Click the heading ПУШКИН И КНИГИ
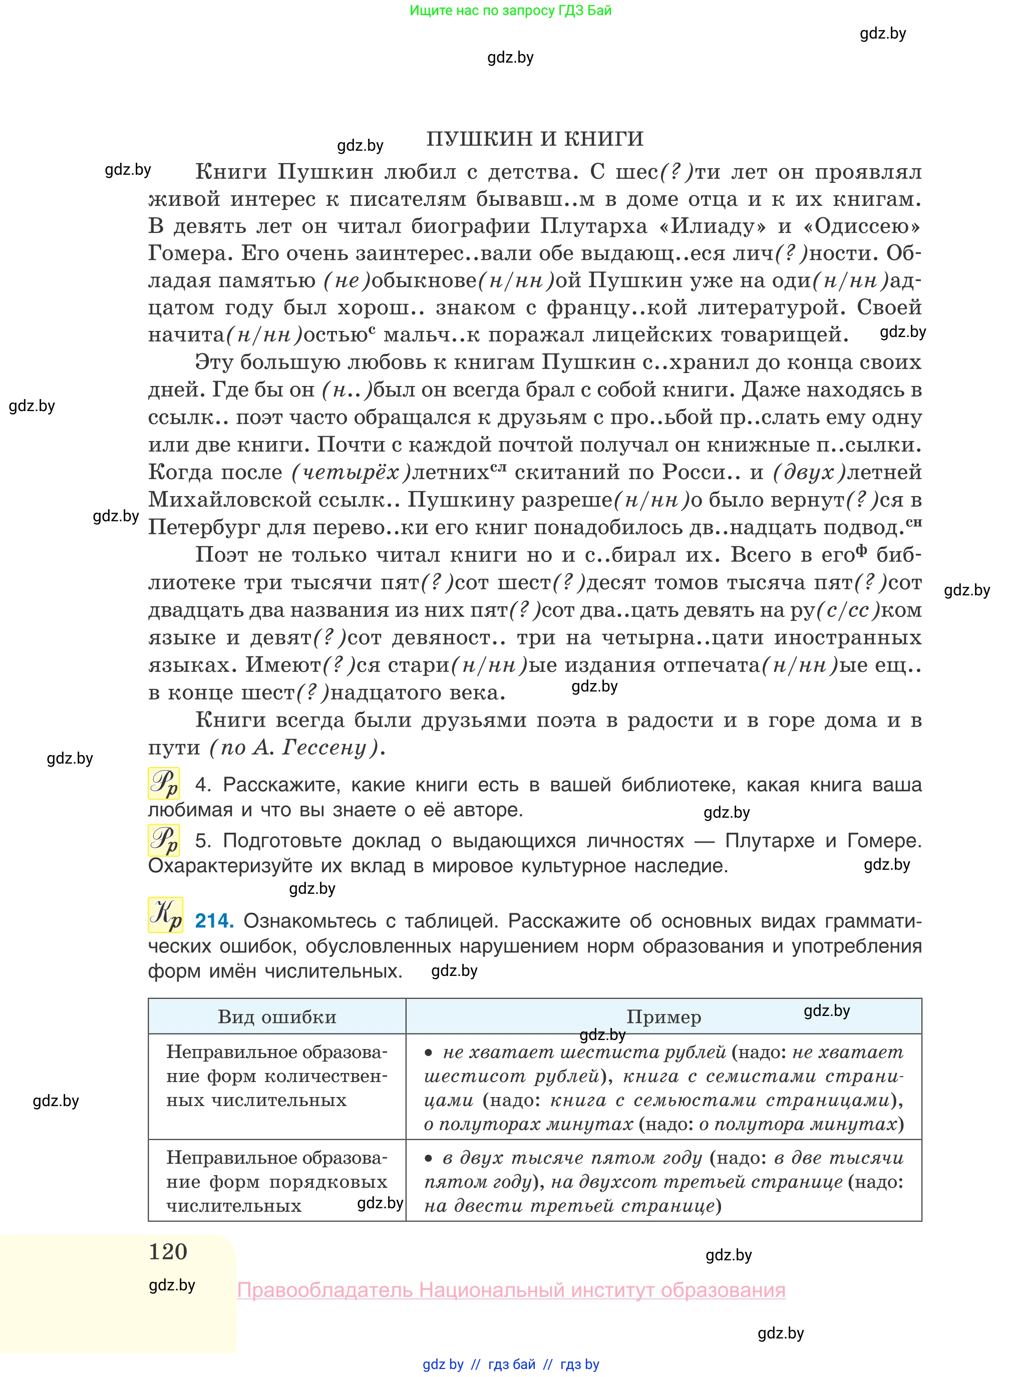point(534,139)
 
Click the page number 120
point(168,1251)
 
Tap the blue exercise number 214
point(214,921)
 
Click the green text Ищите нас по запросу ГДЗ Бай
point(510,11)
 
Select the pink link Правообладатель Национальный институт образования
point(511,1290)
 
